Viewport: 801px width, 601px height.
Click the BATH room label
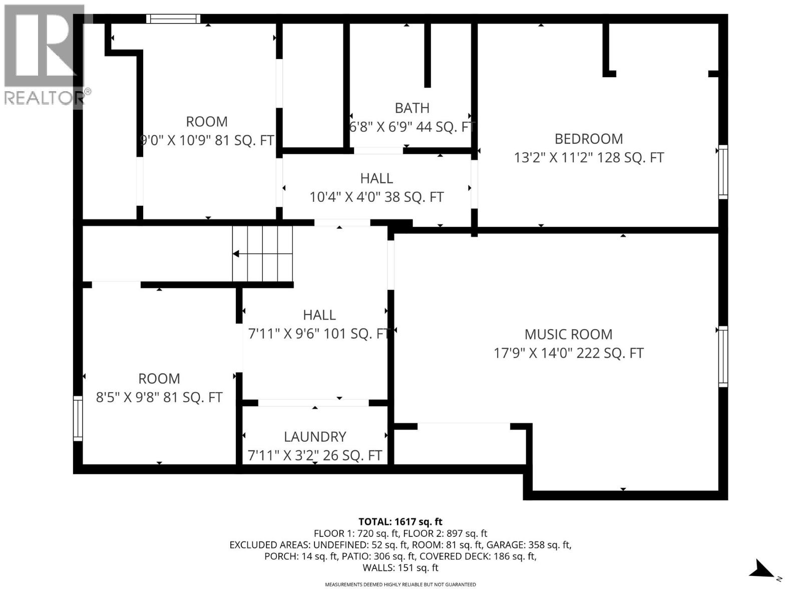pos(412,108)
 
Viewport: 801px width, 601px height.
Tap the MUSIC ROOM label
pos(568,335)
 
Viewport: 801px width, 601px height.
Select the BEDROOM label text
pos(588,139)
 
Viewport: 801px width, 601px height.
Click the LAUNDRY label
pos(315,437)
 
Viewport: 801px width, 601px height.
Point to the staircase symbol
pos(262,254)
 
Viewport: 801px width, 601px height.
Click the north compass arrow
pos(762,570)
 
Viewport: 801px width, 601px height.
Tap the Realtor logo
pos(44,55)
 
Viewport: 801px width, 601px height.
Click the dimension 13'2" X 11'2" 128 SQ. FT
pos(589,158)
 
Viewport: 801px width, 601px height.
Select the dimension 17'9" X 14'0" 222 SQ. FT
pos(568,353)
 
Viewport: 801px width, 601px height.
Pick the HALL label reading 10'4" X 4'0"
pos(376,178)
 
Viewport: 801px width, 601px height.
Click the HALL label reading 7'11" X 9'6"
pos(319,315)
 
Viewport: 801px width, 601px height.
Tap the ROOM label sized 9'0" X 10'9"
pos(206,122)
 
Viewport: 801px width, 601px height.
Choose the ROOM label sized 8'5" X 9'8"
pos(159,379)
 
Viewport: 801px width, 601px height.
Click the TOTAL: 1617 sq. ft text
pos(400,522)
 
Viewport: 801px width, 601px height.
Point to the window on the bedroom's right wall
pos(722,172)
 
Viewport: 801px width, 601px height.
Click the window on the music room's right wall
pos(722,356)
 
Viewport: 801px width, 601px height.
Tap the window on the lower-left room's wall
pos(78,418)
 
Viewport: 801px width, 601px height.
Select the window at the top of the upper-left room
pos(173,19)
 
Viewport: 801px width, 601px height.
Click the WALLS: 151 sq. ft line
pos(400,568)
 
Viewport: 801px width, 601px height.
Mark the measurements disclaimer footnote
pos(400,584)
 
